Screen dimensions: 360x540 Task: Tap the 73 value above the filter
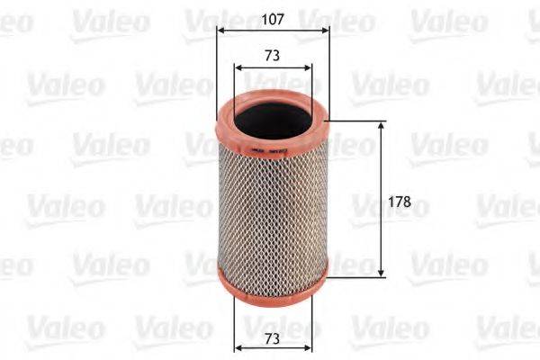[273, 55]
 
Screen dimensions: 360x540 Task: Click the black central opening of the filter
[273, 115]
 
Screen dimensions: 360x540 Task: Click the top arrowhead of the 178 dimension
[382, 126]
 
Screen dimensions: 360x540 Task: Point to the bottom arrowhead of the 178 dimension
[382, 272]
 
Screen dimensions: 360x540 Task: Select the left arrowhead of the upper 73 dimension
[237, 67]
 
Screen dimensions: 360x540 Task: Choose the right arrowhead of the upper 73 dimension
[309, 67]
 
